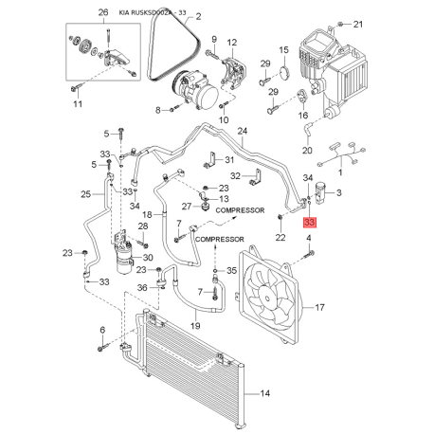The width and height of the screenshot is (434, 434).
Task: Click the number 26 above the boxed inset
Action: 103,12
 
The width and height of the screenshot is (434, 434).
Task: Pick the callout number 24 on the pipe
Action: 242,131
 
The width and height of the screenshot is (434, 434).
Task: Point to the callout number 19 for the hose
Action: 195,325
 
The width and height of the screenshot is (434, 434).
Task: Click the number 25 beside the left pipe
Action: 84,194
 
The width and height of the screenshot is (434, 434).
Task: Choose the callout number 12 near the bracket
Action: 232,43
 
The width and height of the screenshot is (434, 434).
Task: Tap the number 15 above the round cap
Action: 283,49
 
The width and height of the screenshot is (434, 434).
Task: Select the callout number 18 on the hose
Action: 147,216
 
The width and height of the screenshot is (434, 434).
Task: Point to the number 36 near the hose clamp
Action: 140,287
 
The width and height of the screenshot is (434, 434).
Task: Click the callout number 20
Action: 306,149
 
